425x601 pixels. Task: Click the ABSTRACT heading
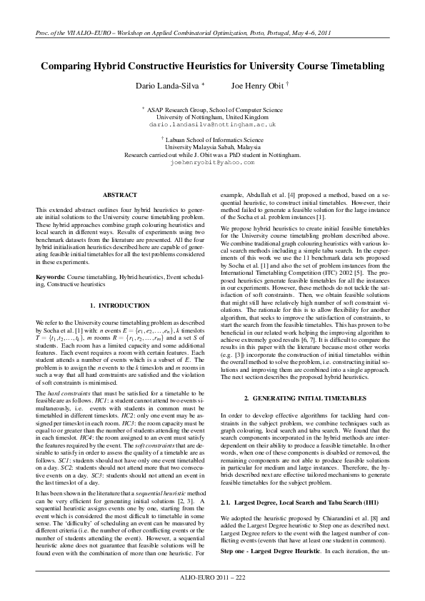pos(115,194)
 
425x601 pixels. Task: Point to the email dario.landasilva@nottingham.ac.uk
pos(212,124)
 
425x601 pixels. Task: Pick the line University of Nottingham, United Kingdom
pos(212,117)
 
